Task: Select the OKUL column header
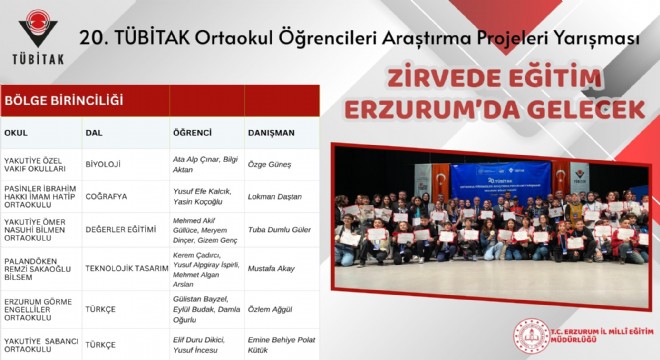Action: tap(16, 132)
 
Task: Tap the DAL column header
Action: tap(94, 132)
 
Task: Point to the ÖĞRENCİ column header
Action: tap(192, 132)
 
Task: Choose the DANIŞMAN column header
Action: tap(272, 132)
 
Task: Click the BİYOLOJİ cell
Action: tap(103, 163)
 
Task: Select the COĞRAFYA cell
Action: tap(107, 194)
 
